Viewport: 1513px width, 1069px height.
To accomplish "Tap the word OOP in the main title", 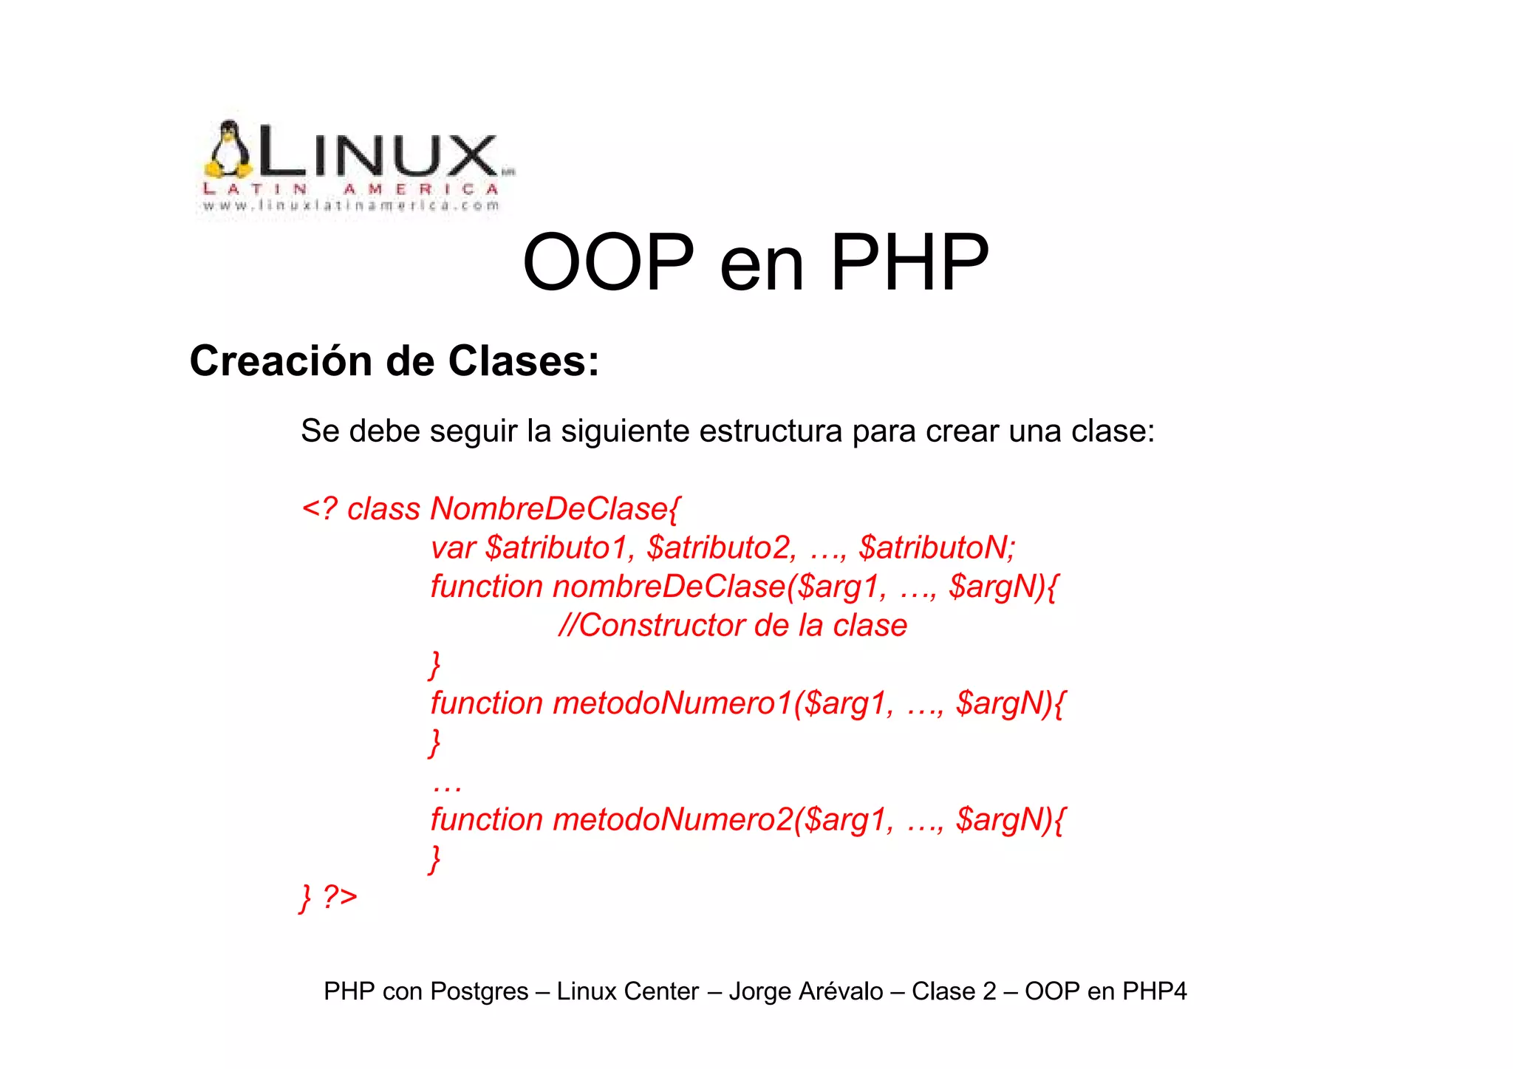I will coord(608,262).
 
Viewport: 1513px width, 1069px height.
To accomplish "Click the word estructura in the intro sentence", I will coord(770,431).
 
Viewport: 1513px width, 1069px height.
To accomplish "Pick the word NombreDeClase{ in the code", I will coord(555,509).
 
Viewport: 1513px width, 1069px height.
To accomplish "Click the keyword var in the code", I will coord(453,548).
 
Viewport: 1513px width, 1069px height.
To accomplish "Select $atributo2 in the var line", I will coord(721,548).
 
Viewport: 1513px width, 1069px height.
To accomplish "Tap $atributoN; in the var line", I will coord(937,548).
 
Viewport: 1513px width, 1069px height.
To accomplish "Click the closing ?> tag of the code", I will coord(340,897).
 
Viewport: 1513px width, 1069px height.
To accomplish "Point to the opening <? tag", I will coord(320,509).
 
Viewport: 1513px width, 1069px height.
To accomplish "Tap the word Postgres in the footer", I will coord(479,991).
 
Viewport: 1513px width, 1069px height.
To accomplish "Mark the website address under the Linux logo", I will coord(351,206).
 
